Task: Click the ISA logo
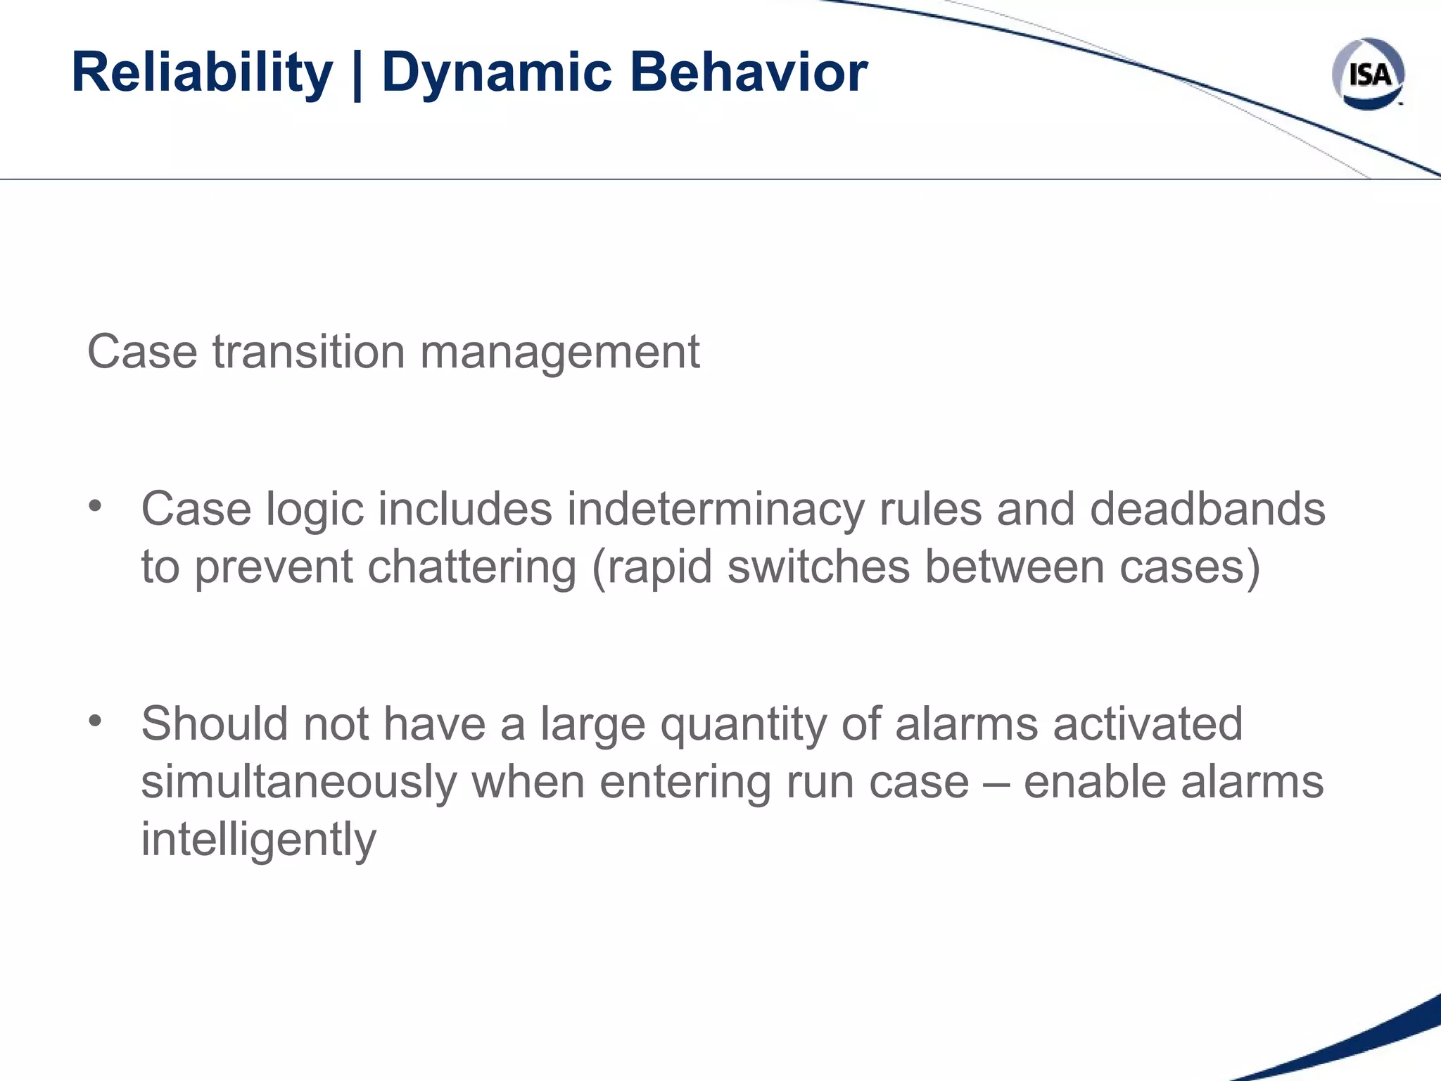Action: (1368, 74)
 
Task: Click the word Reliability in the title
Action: (202, 72)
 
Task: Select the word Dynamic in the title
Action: (497, 72)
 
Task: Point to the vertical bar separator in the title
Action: (357, 75)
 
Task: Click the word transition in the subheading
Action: (309, 351)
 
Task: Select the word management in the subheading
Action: (559, 353)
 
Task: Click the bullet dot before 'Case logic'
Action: (96, 506)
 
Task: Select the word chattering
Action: (471, 567)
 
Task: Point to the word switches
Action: (818, 567)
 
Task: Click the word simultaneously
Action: (298, 783)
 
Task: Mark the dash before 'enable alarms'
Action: (996, 783)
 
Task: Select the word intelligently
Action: (259, 840)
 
